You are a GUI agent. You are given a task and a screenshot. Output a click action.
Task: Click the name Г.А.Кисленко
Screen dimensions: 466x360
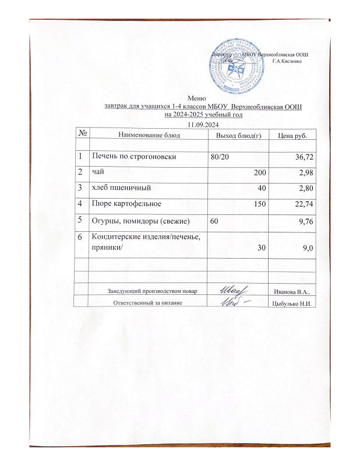tap(286, 61)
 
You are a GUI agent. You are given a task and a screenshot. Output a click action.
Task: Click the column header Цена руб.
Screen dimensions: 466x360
tap(294, 135)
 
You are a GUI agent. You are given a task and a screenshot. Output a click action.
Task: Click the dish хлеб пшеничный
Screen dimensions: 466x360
tap(121, 189)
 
